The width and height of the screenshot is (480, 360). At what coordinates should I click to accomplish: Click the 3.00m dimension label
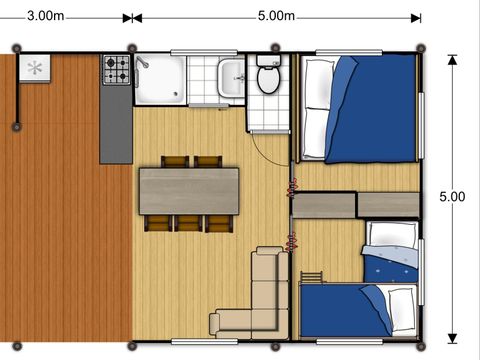[x=45, y=16]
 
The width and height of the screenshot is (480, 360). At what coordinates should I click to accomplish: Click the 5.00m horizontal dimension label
[x=276, y=16]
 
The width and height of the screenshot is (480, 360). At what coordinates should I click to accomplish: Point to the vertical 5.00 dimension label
[x=452, y=197]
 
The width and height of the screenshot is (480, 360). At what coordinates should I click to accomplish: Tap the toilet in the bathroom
[x=268, y=74]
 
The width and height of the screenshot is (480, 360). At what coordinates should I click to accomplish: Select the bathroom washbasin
[x=231, y=78]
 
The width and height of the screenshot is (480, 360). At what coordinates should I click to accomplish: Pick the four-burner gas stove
[x=116, y=70]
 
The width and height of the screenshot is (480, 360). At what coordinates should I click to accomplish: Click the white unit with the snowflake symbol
[x=35, y=68]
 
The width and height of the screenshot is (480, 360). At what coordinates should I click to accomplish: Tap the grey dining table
[x=189, y=191]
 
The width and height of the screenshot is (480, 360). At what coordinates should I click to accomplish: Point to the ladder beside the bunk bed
[x=312, y=277]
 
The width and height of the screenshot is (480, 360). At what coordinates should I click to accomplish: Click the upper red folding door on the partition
[x=292, y=187]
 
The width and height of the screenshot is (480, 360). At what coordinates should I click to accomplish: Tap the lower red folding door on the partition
[x=292, y=242]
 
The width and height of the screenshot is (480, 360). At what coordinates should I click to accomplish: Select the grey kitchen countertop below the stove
[x=116, y=124]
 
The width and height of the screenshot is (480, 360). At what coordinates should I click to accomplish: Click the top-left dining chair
[x=175, y=162]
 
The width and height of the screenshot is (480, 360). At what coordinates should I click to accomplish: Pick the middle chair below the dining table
[x=188, y=223]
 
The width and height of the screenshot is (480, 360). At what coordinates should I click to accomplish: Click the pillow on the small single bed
[x=392, y=234]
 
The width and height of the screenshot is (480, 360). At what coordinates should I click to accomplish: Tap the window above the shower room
[x=204, y=52]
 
